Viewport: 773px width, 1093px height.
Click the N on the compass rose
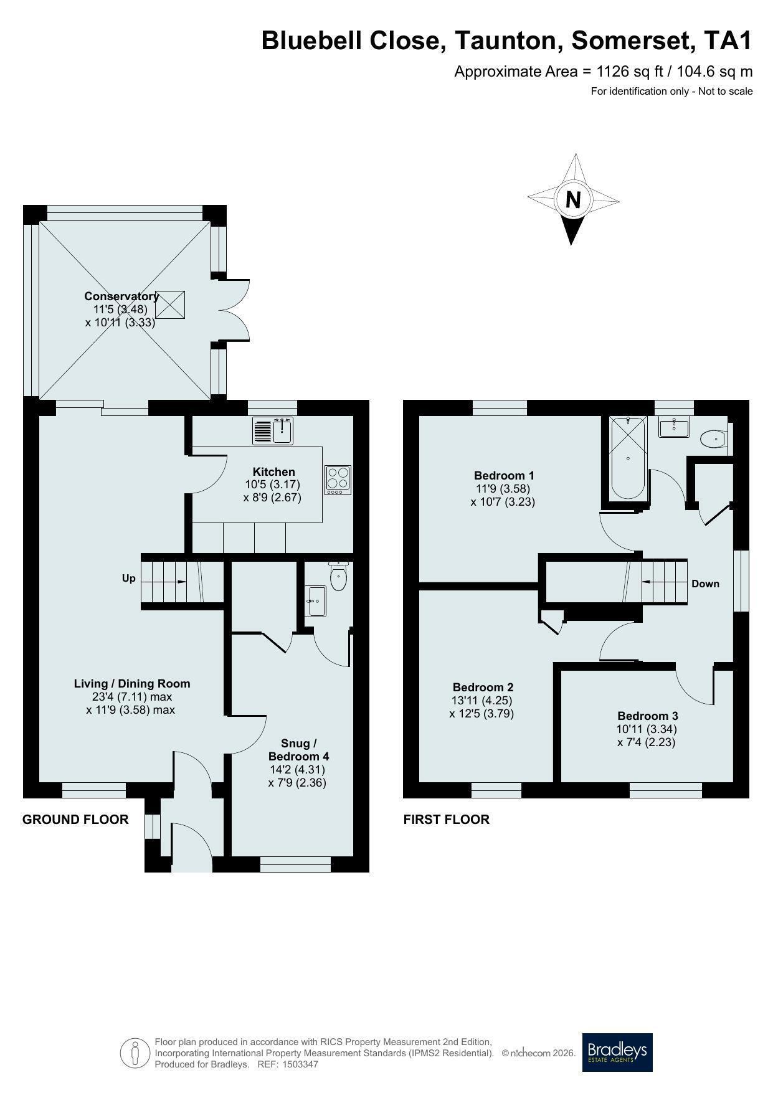tap(573, 199)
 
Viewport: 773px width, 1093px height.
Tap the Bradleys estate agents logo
tap(617, 1052)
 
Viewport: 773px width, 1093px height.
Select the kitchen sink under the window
tap(273, 430)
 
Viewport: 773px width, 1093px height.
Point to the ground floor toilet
tap(338, 576)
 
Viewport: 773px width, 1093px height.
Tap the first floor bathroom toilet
tap(713, 440)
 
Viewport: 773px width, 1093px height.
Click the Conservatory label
tap(121, 296)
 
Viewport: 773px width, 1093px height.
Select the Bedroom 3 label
tap(648, 716)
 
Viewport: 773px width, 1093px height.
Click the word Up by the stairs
tap(129, 579)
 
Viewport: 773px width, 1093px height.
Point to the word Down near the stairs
tap(705, 584)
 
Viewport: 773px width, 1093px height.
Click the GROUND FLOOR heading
tap(75, 820)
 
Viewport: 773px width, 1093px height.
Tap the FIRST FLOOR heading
tap(447, 820)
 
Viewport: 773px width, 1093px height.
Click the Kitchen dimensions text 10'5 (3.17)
tap(273, 485)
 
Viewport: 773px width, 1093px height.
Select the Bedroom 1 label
tap(504, 476)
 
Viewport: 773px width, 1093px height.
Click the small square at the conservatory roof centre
tap(170, 305)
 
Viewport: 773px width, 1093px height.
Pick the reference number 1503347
tap(300, 1064)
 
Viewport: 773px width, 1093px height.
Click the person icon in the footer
tap(135, 1053)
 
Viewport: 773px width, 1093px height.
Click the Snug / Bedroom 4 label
tap(299, 750)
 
